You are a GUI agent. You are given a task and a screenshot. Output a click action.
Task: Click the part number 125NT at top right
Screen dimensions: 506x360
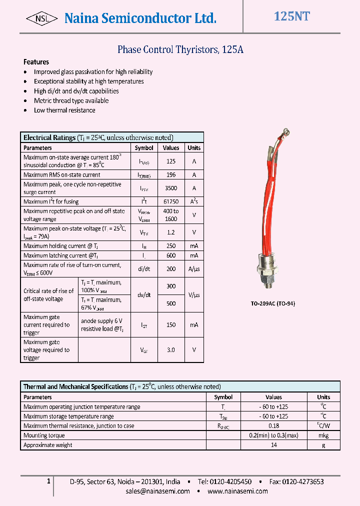coord(291,16)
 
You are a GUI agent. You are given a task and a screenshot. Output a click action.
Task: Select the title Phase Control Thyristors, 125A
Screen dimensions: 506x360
coord(180,49)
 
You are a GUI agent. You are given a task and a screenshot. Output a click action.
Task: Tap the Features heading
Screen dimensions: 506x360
coord(36,62)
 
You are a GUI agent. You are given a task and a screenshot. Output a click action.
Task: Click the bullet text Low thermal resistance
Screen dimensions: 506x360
coord(64,110)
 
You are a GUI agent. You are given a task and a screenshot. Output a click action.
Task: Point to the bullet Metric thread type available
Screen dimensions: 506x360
coord(71,100)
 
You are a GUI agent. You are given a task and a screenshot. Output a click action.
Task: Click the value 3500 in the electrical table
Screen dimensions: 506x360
coord(171,188)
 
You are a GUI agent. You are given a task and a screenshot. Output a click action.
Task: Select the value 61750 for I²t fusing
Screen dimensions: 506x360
coord(171,201)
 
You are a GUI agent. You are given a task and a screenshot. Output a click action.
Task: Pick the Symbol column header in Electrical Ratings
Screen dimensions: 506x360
coord(144,148)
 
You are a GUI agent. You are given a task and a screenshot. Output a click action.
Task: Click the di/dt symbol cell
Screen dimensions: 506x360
coord(144,269)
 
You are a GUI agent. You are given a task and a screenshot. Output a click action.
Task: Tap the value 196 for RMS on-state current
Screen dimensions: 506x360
coord(171,175)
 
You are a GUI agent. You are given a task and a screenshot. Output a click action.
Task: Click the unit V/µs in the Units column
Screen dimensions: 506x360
coord(194,295)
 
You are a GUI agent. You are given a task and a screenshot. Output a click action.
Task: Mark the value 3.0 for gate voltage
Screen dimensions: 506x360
coord(171,350)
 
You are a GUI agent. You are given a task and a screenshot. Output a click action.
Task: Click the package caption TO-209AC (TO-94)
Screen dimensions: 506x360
coord(272,303)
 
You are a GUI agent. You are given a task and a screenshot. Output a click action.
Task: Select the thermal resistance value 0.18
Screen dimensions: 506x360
coord(273,426)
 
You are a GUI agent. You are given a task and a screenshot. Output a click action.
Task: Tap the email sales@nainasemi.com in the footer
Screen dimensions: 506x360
coord(157,491)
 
